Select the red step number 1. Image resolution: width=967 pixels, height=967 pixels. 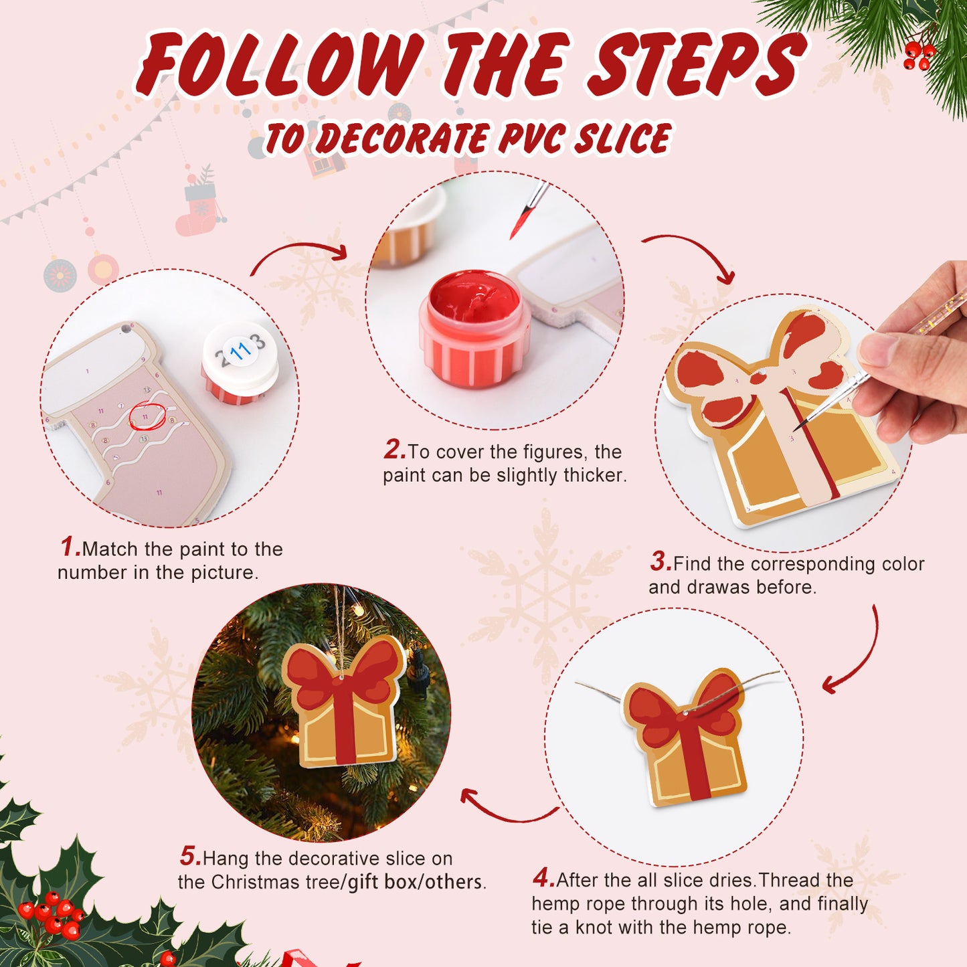click(x=70, y=547)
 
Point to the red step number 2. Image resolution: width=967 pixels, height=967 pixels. click(x=394, y=450)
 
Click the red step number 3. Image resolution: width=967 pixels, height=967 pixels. click(x=660, y=561)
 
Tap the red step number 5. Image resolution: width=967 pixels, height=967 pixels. click(x=189, y=856)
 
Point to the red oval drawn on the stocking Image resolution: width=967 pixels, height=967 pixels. click(x=147, y=416)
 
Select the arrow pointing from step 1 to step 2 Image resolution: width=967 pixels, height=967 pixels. click(x=299, y=255)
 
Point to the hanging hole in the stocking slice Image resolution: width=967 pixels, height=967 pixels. click(x=125, y=329)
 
